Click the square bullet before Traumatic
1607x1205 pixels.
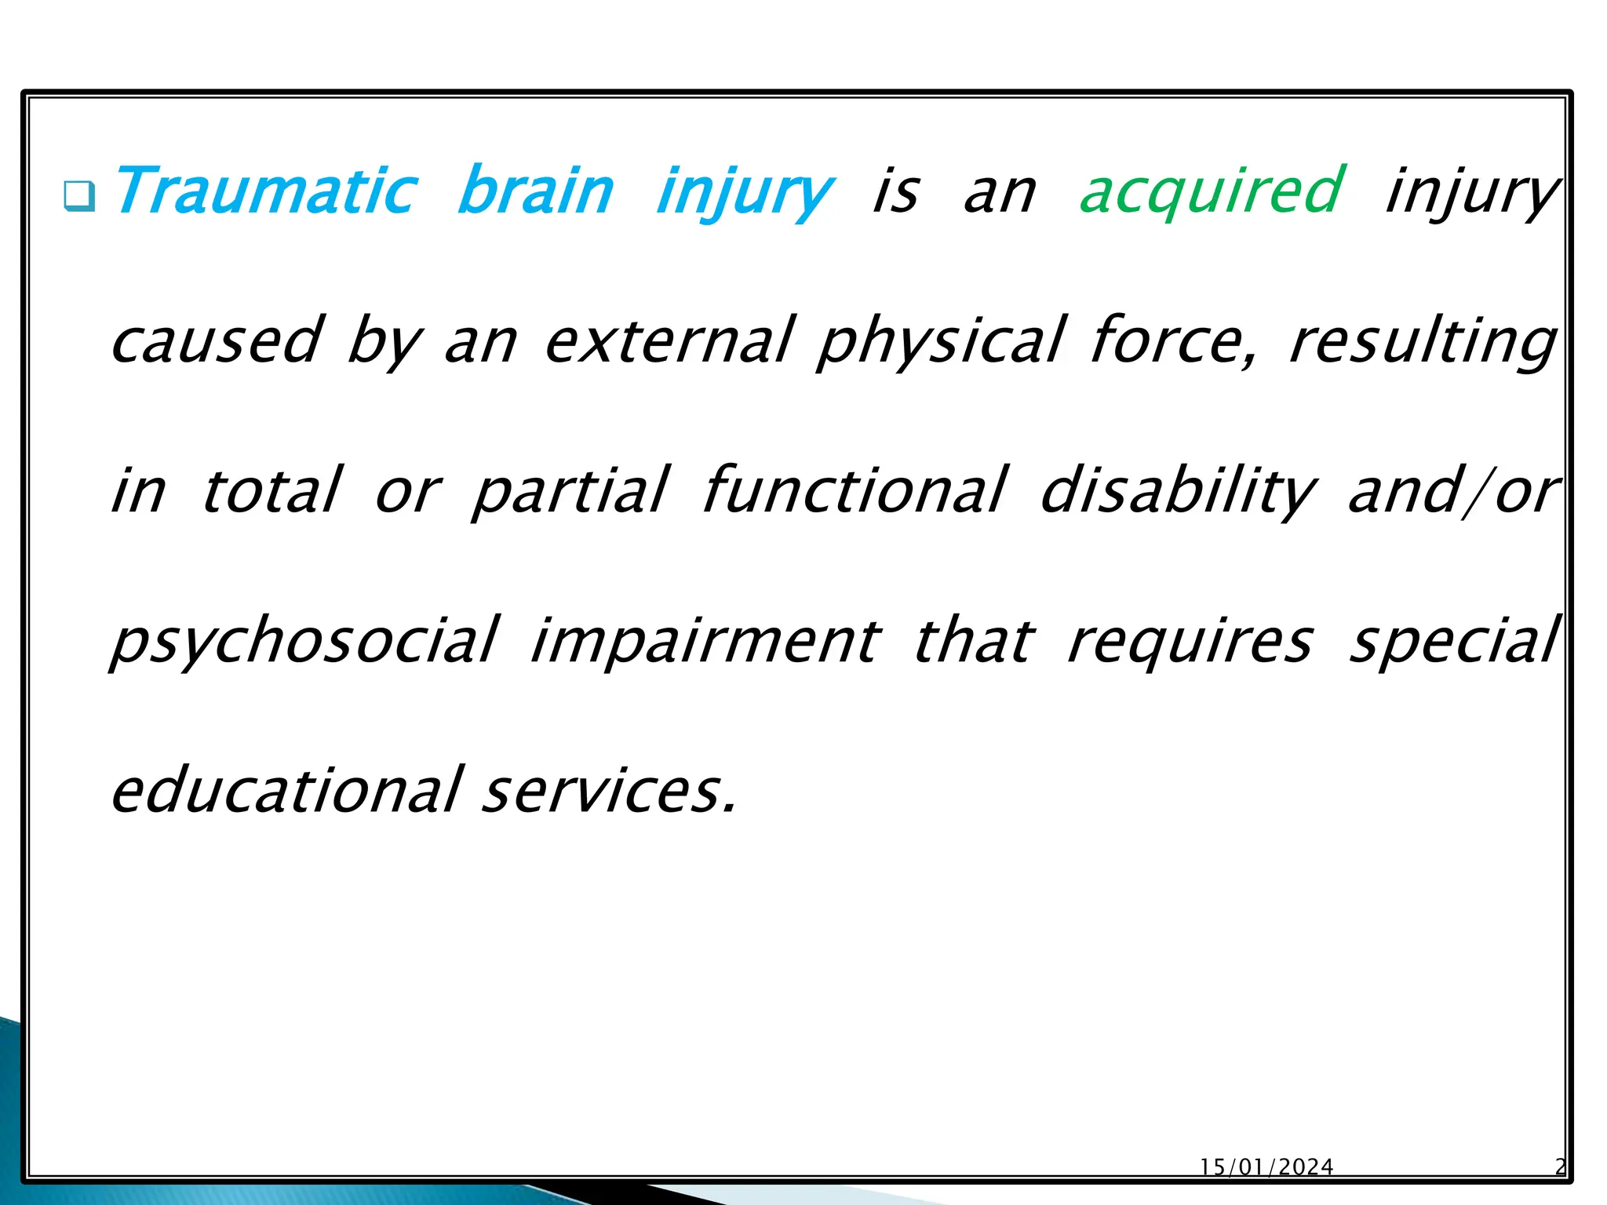coord(79,195)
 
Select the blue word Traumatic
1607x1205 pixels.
coord(265,191)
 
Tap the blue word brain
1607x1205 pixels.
coord(535,191)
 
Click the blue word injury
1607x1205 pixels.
coord(744,192)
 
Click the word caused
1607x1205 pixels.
coord(216,341)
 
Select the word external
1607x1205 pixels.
coord(669,341)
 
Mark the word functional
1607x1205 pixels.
coord(854,490)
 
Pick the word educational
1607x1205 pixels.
coord(287,790)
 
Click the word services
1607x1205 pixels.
coord(609,790)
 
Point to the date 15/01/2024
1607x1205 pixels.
coord(1266,1167)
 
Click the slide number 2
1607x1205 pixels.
coord(1560,1167)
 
